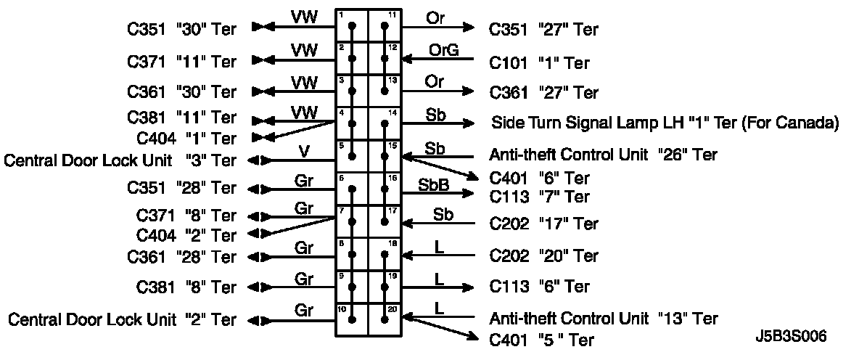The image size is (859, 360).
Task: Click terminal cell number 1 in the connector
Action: coord(352,25)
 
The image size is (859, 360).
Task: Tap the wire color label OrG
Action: coord(444,50)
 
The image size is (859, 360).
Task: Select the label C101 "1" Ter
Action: coord(539,63)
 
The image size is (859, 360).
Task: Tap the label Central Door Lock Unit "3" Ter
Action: coord(120,160)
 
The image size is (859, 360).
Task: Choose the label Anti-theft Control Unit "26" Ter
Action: coord(603,155)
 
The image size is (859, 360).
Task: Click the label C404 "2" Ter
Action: coord(186,236)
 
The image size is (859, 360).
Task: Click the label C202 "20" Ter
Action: coord(544,256)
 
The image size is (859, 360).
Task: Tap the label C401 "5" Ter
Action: coord(541,340)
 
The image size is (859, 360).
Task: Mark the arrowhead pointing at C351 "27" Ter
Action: coord(469,26)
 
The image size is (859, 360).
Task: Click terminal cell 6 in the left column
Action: coord(352,189)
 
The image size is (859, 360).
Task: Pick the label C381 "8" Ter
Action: coord(186,287)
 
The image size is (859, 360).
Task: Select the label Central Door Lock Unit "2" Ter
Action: coord(122,319)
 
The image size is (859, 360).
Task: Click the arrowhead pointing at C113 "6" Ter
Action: coord(469,287)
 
